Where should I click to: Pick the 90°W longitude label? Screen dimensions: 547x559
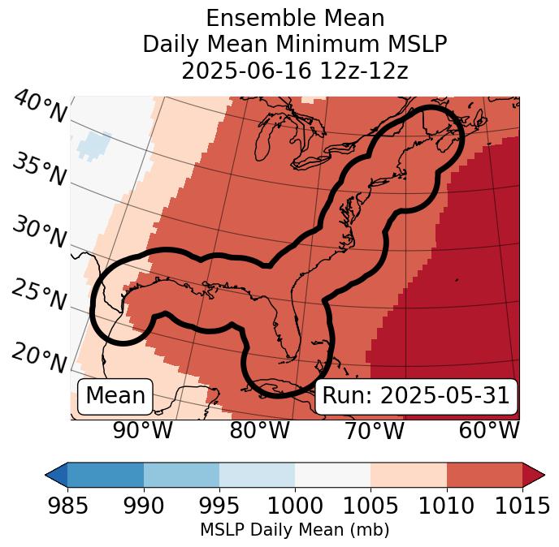pyautogui.click(x=143, y=430)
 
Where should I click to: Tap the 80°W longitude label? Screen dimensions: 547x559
pyautogui.click(x=259, y=430)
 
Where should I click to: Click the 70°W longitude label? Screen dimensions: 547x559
pyautogui.click(x=374, y=430)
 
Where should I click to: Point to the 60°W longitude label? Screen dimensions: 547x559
pyautogui.click(x=489, y=430)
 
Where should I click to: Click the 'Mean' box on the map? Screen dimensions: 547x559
pyautogui.click(x=115, y=396)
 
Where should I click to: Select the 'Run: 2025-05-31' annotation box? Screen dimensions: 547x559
pyautogui.click(x=416, y=396)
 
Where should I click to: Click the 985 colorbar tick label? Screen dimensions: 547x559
pyautogui.click(x=67, y=506)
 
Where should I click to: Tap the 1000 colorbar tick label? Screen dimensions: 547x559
pyautogui.click(x=294, y=506)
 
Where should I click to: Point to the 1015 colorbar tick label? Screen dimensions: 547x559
pyautogui.click(x=522, y=506)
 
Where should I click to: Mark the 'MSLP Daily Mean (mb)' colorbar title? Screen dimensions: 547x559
pyautogui.click(x=294, y=531)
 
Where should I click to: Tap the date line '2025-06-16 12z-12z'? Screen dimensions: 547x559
pyautogui.click(x=294, y=71)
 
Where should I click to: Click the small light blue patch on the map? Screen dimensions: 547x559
pyautogui.click(x=94, y=141)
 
